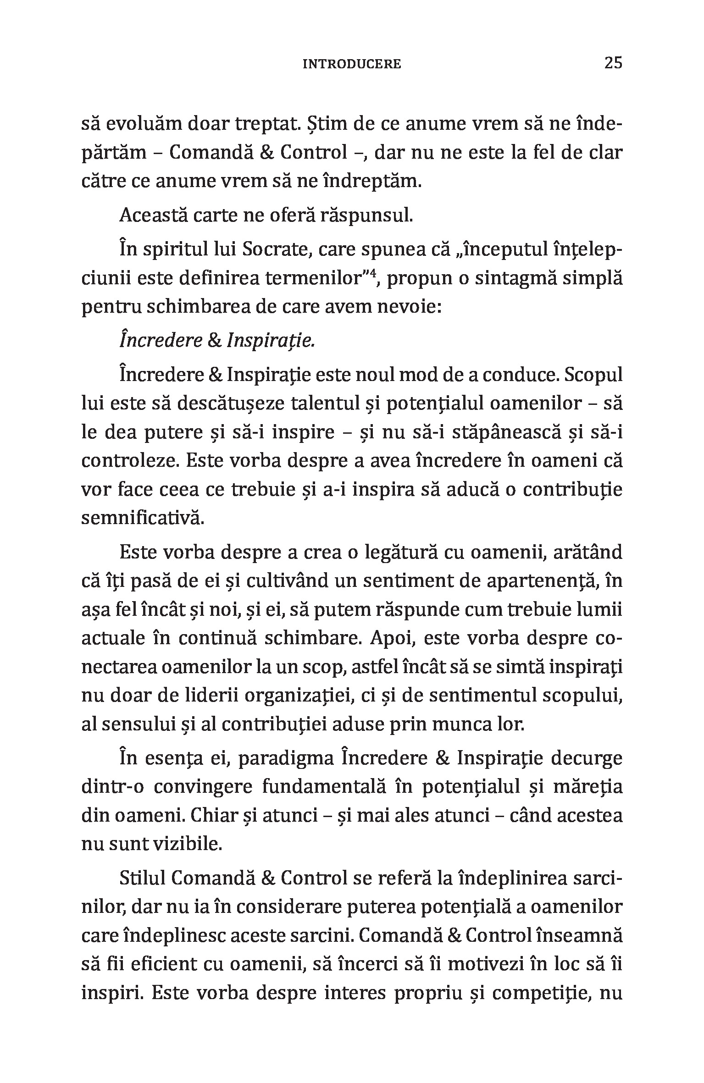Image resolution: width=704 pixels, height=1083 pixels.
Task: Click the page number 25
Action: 613,63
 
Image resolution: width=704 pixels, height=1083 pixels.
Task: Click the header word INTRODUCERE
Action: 352,64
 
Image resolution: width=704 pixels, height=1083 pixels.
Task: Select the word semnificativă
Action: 142,518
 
